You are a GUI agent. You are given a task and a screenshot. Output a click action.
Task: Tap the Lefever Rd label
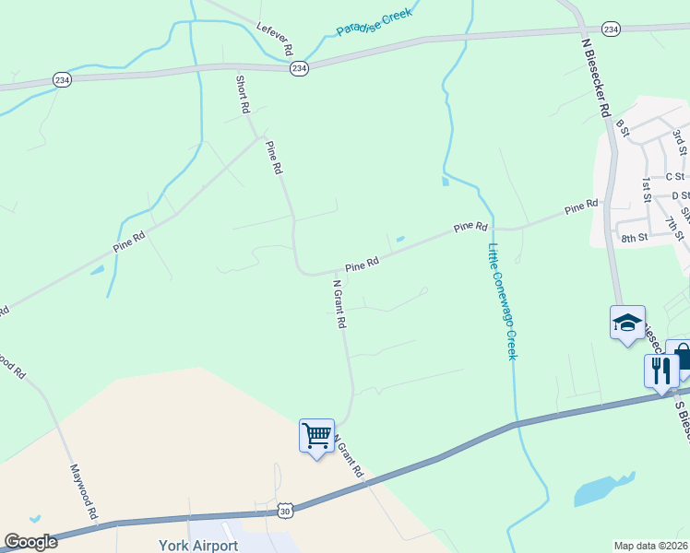click(x=275, y=37)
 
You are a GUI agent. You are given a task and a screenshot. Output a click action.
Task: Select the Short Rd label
click(x=244, y=94)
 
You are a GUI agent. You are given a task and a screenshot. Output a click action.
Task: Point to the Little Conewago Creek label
click(x=503, y=300)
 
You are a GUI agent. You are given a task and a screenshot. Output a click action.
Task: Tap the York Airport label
click(x=199, y=545)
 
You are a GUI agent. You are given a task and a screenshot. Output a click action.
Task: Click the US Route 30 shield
click(x=286, y=511)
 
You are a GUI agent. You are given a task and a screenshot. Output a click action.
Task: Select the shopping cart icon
click(x=316, y=433)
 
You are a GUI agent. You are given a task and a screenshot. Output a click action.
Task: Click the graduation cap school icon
click(x=627, y=323)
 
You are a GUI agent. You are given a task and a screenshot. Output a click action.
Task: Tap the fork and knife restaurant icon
click(x=661, y=370)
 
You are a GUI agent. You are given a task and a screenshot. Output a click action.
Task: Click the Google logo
click(x=30, y=542)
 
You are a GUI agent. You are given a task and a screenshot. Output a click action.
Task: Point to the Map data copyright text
click(x=651, y=546)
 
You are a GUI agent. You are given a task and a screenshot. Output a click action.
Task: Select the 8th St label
click(x=635, y=238)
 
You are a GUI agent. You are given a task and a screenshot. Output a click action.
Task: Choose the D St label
click(x=681, y=195)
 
